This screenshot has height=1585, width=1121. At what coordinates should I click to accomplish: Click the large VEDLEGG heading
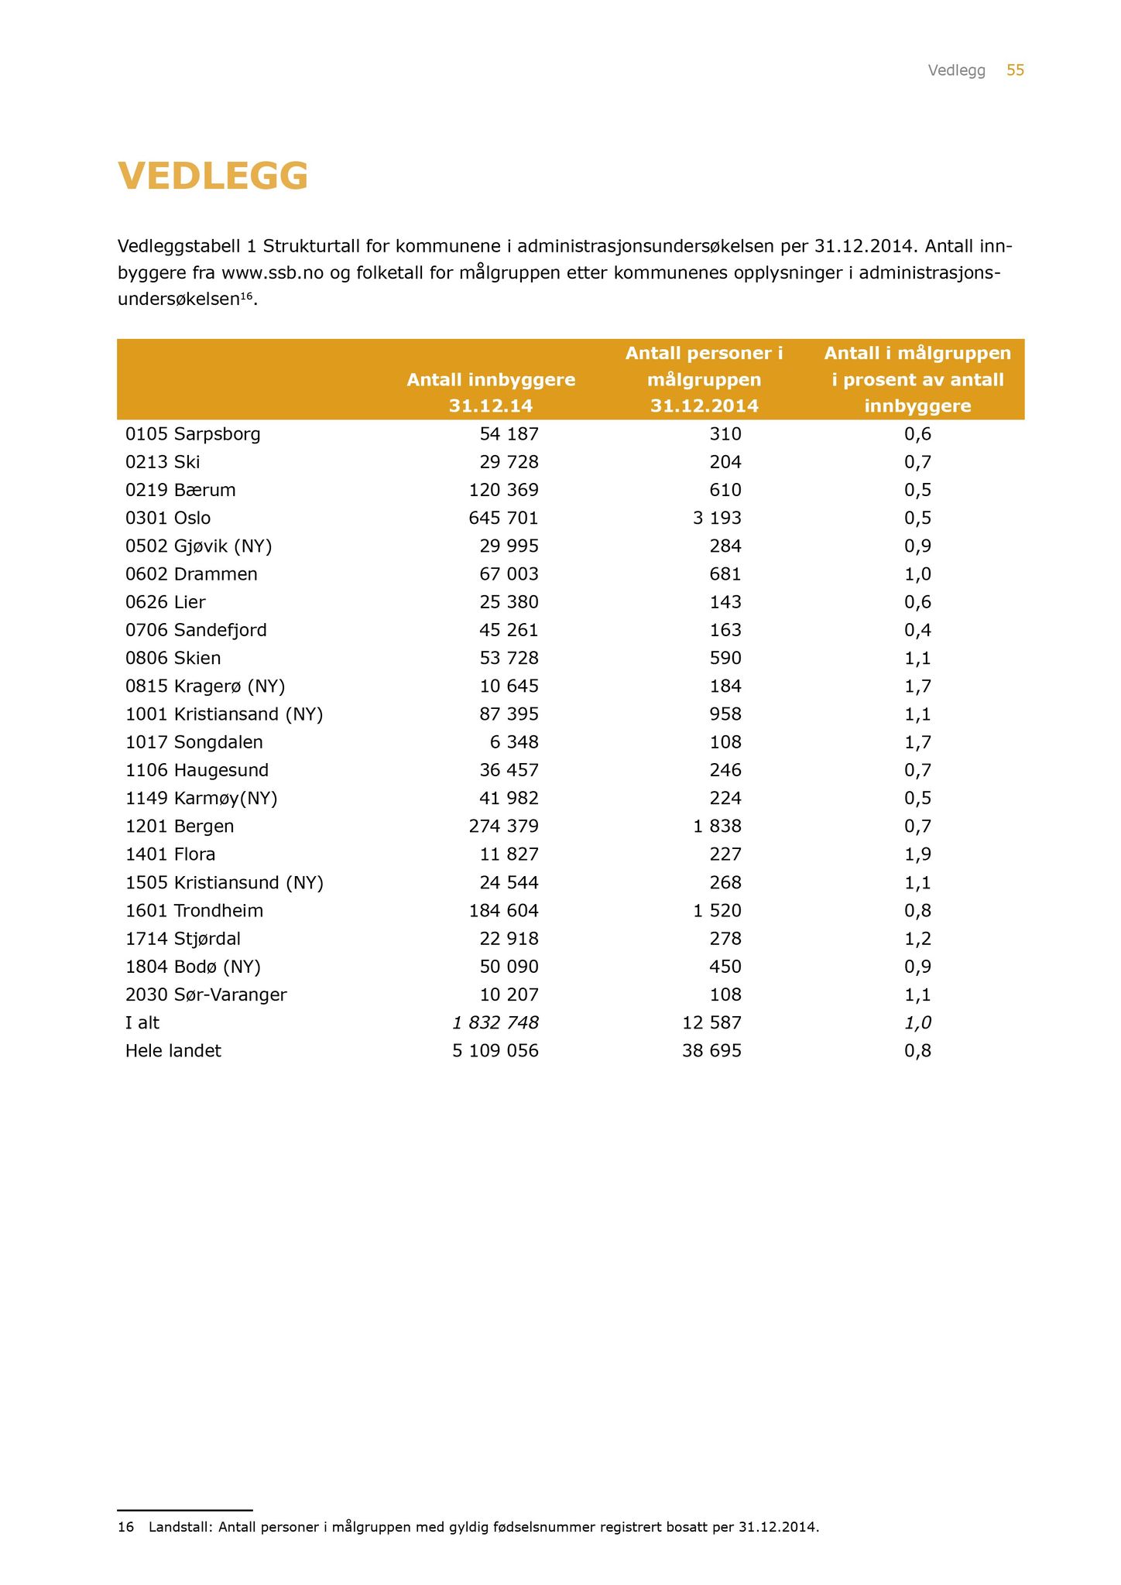coord(213,176)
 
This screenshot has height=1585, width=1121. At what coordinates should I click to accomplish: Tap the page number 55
coord(1015,70)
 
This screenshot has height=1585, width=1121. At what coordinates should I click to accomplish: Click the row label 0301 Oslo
coord(168,518)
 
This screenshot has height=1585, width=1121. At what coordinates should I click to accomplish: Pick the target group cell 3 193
coord(717,518)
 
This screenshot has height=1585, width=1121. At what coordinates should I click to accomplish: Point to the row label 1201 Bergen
coord(180,827)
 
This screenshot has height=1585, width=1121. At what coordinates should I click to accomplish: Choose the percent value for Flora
coord(917,854)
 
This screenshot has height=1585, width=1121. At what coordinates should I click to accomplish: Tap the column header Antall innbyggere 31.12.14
coord(491,392)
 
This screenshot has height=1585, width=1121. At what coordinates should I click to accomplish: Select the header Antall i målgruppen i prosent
coord(917,379)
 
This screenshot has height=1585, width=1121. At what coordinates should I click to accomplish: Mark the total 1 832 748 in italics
coord(495,1023)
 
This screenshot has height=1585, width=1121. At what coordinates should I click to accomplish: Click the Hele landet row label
coord(173,1051)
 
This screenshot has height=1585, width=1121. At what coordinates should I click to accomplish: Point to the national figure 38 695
coord(710,1051)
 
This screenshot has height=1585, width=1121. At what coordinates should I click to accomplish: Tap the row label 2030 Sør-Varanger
coord(206,995)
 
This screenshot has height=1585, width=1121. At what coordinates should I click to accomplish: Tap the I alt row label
coord(142,1023)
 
